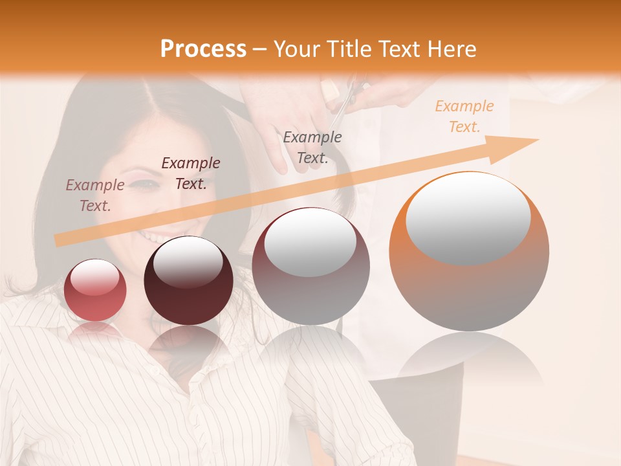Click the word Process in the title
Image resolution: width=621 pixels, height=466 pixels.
coord(203,49)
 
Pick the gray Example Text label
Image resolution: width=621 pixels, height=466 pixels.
coord(312,148)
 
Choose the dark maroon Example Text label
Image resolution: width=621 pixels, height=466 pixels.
coord(191,173)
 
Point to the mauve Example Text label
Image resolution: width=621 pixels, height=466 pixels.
coord(95,195)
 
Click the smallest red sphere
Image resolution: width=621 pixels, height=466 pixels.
coord(96,290)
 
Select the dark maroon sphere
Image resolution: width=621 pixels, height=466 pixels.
coord(188,281)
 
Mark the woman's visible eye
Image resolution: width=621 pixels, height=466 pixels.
coord(146,185)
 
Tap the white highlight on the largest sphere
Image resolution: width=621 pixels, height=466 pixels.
coord(468,217)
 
